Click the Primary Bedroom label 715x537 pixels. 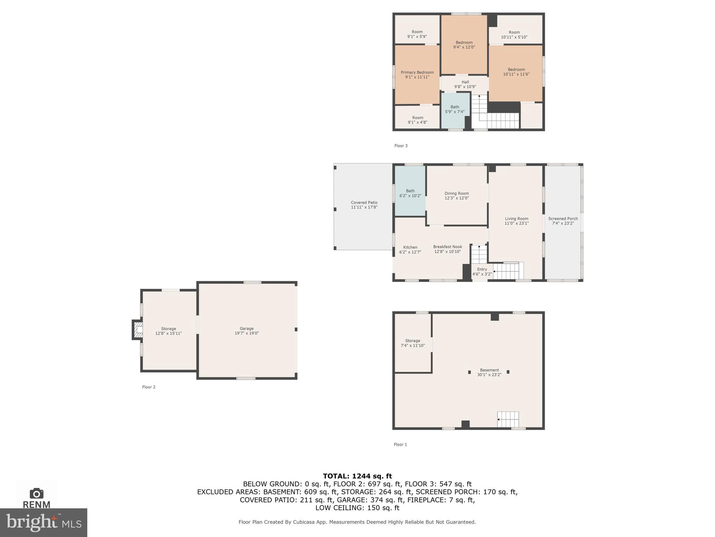417,73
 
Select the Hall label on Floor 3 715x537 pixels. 465,83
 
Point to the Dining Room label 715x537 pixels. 456,194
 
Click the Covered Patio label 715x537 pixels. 364,203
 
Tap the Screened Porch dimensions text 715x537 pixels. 563,223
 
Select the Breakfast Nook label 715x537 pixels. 448,247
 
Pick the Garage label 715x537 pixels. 246,329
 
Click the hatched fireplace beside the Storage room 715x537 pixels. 138,330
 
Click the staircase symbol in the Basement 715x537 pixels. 508,419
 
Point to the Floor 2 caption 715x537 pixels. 149,387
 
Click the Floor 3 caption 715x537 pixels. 401,146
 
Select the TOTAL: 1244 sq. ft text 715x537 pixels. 357,476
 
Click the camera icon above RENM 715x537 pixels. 36,493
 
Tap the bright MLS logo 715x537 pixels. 44,522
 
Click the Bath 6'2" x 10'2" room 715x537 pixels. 410,193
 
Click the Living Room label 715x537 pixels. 516,219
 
